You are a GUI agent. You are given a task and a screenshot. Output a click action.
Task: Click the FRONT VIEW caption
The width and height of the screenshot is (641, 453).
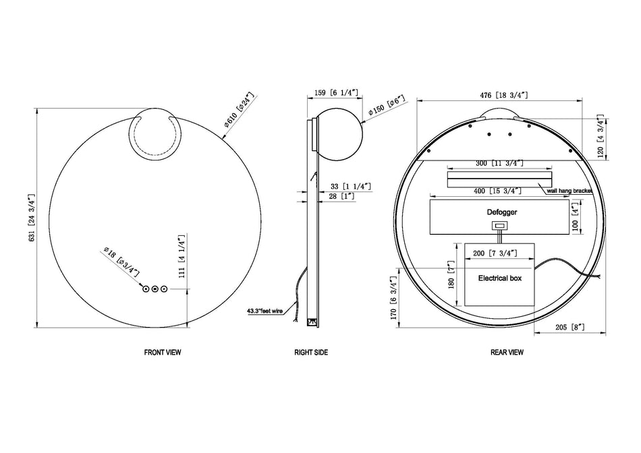(163, 352)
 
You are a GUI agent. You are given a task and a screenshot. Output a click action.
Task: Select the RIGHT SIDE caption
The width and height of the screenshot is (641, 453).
(311, 352)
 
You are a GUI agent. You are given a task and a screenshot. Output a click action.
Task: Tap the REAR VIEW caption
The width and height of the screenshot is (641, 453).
(507, 352)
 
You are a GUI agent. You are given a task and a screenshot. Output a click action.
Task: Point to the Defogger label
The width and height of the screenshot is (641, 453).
(501, 212)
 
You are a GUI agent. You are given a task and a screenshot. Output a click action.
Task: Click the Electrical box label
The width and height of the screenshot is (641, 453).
(500, 278)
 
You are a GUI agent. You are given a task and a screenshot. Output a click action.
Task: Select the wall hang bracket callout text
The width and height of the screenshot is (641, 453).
(569, 191)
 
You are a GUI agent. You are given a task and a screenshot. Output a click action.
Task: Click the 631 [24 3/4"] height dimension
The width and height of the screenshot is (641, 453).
(32, 218)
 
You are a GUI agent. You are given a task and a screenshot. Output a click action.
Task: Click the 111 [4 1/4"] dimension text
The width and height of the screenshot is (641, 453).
(182, 256)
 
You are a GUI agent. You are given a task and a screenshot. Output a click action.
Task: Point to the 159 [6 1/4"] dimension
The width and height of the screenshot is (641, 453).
(336, 93)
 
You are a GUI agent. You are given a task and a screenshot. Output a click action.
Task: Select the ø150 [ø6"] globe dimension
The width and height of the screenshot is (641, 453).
(387, 105)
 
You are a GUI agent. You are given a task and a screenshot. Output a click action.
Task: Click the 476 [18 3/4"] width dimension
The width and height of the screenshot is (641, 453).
(503, 95)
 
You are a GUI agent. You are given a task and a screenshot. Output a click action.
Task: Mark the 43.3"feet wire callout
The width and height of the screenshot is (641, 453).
(265, 311)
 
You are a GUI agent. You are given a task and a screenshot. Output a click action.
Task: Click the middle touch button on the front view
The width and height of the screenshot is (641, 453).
(155, 289)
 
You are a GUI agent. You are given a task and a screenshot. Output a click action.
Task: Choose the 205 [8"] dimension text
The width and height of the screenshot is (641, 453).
(570, 327)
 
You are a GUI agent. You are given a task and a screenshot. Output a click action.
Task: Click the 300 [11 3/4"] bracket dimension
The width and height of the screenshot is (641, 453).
(499, 163)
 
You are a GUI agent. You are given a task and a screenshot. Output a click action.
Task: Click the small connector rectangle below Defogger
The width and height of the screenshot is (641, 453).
(500, 225)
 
